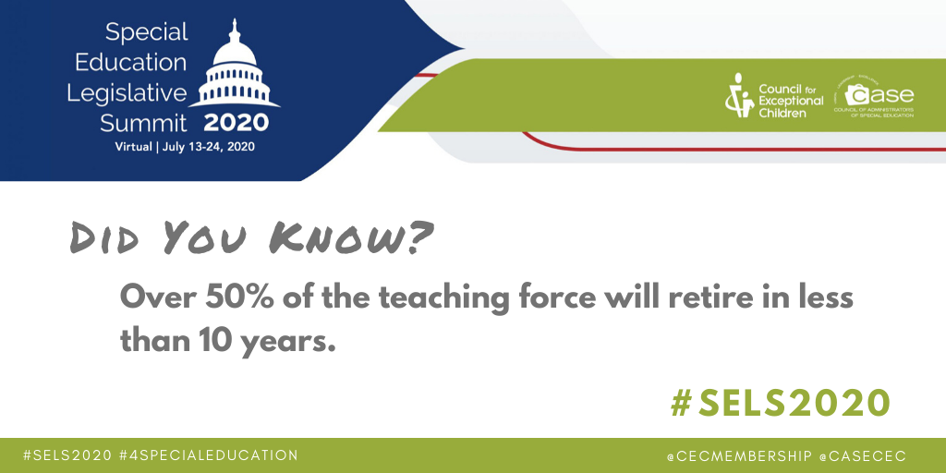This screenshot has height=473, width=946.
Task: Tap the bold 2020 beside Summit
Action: pyautogui.click(x=236, y=123)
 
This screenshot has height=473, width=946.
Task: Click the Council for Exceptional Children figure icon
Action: pyautogui.click(x=738, y=96)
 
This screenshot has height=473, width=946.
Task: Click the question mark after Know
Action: pyautogui.click(x=418, y=236)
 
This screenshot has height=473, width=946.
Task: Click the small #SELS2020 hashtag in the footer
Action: pyautogui.click(x=67, y=455)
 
